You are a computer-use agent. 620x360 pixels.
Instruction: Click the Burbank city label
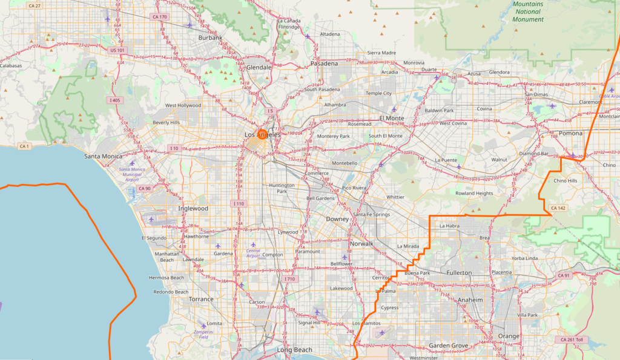[211, 38]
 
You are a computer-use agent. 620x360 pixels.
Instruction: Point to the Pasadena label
[324, 63]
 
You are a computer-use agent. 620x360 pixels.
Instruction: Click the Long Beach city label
[294, 350]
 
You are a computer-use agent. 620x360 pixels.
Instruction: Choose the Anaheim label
[470, 300]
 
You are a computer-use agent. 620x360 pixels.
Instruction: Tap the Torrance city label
[201, 299]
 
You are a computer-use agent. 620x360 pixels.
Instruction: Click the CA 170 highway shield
[160, 17]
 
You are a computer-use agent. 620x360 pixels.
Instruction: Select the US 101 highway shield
[117, 50]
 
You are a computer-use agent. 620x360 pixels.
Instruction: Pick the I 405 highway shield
[114, 100]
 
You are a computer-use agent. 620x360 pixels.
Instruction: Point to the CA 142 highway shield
[558, 208]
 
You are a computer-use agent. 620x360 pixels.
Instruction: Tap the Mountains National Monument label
[528, 12]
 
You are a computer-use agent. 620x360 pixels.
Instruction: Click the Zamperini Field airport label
[209, 335]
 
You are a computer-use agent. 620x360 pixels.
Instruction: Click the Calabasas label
[10, 65]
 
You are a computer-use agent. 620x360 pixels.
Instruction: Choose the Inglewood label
[193, 208]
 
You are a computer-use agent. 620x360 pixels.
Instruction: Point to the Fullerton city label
[458, 273]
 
